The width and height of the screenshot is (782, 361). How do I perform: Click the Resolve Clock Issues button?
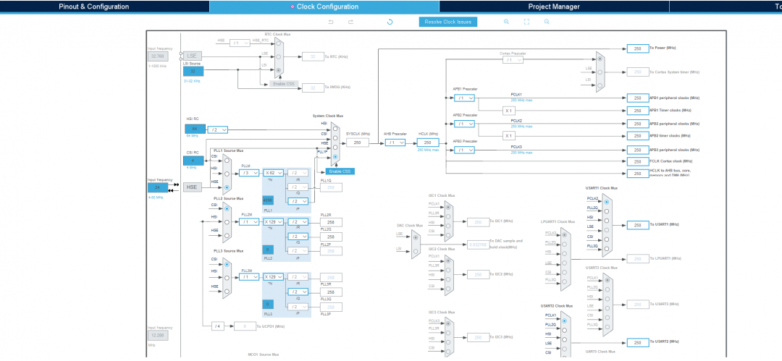[447, 22]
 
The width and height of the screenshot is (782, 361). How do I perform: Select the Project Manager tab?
[553, 7]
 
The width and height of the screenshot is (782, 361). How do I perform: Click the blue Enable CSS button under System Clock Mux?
[340, 171]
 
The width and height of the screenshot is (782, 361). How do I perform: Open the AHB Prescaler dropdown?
[395, 143]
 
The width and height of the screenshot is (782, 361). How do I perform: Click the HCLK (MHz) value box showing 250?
[427, 143]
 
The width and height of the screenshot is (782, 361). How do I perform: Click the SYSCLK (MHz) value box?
[357, 143]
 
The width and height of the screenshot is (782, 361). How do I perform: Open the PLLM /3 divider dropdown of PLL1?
[248, 173]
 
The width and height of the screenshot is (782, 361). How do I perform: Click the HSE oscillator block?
[192, 187]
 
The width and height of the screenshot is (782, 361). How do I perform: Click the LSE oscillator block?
[192, 56]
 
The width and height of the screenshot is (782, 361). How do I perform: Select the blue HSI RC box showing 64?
[194, 129]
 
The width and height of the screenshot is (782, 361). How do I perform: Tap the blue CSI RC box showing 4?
[193, 160]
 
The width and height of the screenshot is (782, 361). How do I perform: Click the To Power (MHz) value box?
[637, 48]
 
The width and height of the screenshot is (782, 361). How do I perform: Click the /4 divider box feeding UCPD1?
[217, 326]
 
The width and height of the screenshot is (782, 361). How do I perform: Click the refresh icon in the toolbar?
[390, 22]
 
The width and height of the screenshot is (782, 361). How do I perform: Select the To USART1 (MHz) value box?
[637, 225]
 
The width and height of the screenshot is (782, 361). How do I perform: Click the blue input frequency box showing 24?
[156, 187]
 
